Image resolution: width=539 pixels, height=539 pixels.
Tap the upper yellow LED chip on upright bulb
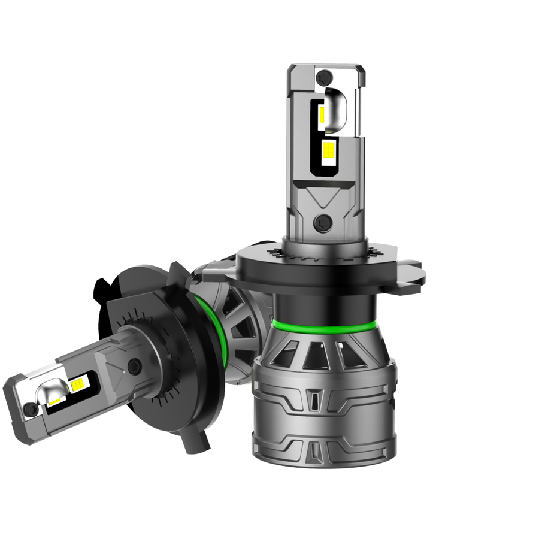tap(321, 113)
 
